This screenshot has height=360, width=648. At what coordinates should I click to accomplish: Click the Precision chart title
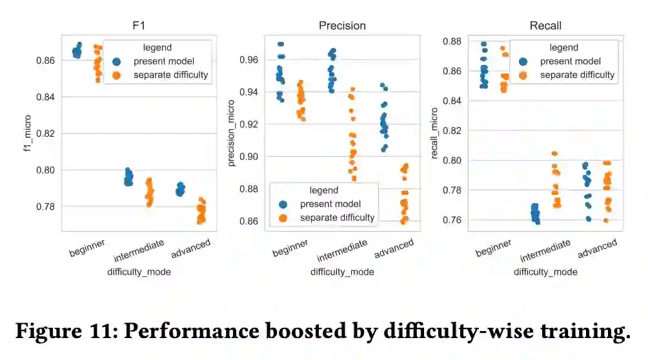click(342, 26)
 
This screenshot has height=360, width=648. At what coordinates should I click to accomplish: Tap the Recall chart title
click(545, 26)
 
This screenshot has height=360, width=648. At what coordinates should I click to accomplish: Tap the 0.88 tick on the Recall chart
click(454, 42)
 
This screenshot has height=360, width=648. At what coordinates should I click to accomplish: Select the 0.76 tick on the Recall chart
click(454, 220)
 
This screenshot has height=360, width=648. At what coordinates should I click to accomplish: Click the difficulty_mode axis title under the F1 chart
click(139, 272)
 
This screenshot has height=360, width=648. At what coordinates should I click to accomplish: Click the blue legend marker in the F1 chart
click(117, 62)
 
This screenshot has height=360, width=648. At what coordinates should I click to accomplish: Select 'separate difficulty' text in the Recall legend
click(578, 75)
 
